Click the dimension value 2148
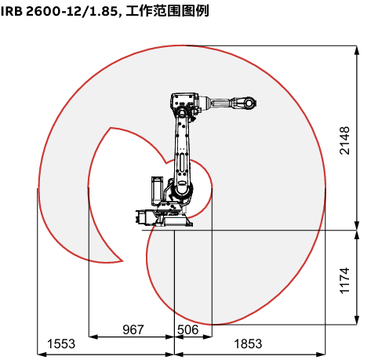click(x=344, y=140)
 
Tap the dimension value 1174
click(x=344, y=281)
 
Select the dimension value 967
click(x=133, y=329)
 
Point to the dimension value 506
click(x=188, y=329)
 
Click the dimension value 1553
click(x=61, y=344)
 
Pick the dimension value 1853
click(x=248, y=344)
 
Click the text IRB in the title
click(x=12, y=12)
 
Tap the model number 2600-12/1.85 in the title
click(x=72, y=12)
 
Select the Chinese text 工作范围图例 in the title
click(x=167, y=11)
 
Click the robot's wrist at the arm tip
click(x=249, y=103)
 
